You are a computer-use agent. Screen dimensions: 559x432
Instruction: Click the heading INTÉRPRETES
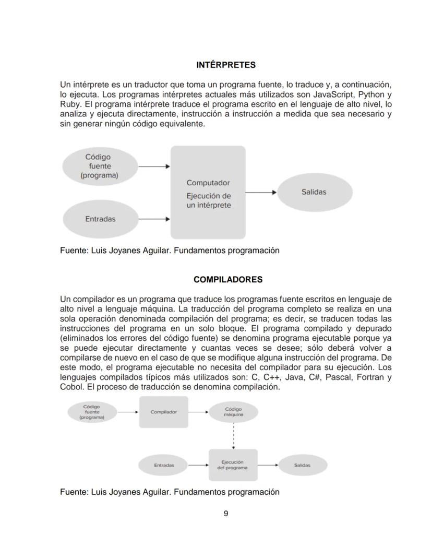(x=225, y=65)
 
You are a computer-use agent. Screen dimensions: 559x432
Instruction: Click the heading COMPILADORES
(x=227, y=279)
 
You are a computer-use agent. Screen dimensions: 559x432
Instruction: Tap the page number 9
(x=226, y=514)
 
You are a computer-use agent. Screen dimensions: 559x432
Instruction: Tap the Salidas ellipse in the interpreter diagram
(x=314, y=192)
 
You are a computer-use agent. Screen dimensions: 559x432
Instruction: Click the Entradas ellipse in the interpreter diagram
(x=100, y=219)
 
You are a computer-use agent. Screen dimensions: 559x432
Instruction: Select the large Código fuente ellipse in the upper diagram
(x=99, y=166)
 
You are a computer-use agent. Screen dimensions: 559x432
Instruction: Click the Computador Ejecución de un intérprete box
(x=208, y=193)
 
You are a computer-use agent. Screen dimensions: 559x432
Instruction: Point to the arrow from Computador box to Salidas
(x=260, y=192)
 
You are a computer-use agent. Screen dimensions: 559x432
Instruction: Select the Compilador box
(x=163, y=412)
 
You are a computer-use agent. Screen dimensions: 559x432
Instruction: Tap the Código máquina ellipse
(x=233, y=412)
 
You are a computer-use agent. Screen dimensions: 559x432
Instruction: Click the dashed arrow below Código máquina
(x=233, y=435)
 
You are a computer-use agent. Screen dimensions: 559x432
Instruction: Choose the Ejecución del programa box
(x=233, y=465)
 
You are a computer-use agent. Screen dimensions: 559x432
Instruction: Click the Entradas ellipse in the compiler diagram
(x=163, y=465)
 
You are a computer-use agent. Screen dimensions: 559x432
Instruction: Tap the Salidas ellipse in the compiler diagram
(x=302, y=465)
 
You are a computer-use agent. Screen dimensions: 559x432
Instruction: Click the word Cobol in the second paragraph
(x=70, y=387)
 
